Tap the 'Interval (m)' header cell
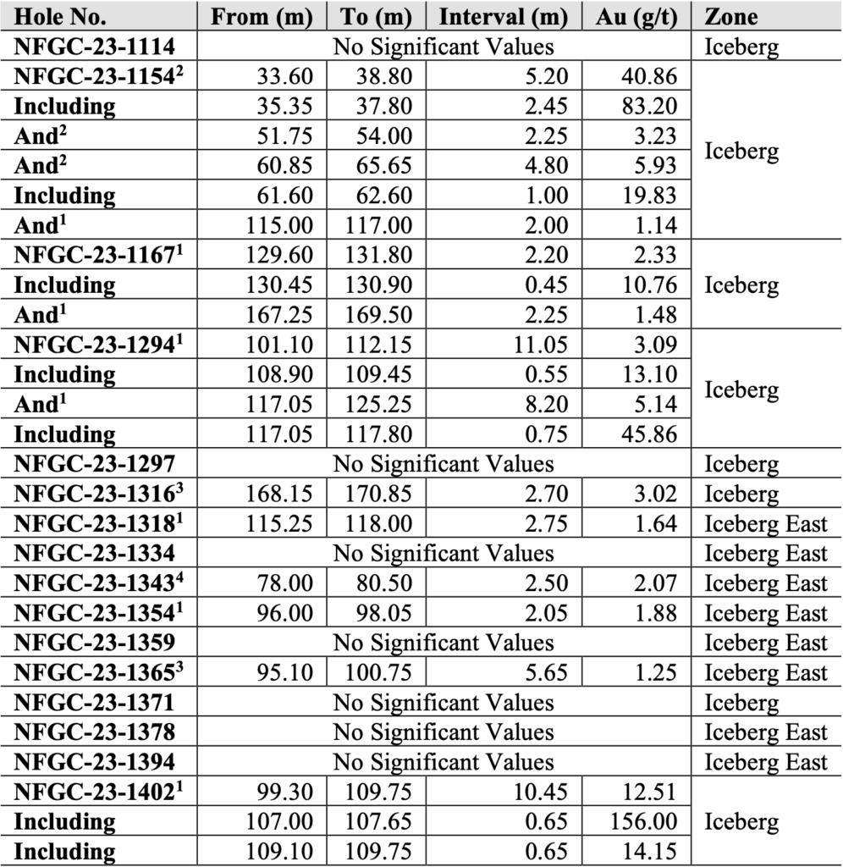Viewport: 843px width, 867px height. point(504,16)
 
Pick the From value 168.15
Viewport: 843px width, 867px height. point(280,494)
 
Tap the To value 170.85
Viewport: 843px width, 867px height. point(378,494)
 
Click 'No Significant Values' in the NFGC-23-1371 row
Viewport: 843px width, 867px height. point(444,703)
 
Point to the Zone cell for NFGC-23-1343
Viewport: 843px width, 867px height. point(765,583)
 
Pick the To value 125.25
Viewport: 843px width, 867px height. point(378,405)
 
